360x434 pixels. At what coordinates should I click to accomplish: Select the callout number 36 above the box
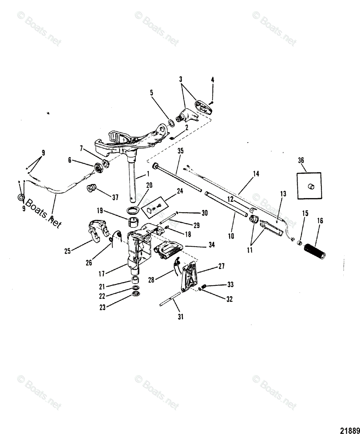pyautogui.click(x=301, y=160)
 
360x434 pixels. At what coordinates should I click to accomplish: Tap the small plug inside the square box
pyautogui.click(x=310, y=186)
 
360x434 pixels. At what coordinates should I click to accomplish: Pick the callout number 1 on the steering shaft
pyautogui.click(x=148, y=175)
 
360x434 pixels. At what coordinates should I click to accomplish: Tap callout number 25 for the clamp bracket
pyautogui.click(x=67, y=251)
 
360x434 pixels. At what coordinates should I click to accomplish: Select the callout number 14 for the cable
pyautogui.click(x=256, y=174)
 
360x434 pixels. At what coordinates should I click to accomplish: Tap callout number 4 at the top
pyautogui.click(x=213, y=80)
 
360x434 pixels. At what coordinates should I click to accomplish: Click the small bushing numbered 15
pyautogui.click(x=300, y=242)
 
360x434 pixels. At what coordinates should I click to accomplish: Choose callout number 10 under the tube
pyautogui.click(x=231, y=236)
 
